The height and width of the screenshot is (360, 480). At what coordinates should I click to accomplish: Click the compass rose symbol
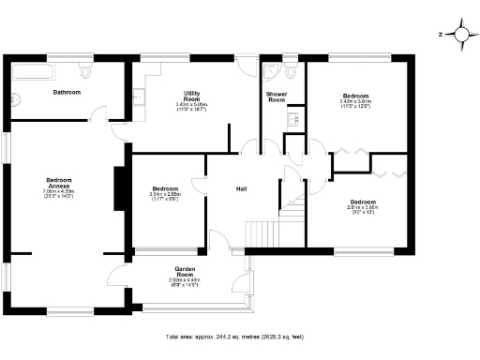point(460,35)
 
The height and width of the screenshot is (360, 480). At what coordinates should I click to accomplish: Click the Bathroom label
point(67,93)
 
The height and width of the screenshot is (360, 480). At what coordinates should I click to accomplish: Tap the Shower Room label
point(276,96)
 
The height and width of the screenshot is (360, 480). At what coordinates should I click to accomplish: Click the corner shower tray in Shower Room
point(272,69)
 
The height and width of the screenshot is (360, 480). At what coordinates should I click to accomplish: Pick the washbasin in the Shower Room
point(292,116)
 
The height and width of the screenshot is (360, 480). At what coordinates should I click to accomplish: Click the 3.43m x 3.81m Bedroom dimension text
point(355,104)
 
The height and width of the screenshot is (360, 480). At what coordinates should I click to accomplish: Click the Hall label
point(241,189)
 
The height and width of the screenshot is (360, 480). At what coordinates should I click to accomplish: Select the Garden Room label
point(185,271)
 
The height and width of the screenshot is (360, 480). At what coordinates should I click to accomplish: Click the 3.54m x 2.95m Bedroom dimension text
point(165,196)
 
